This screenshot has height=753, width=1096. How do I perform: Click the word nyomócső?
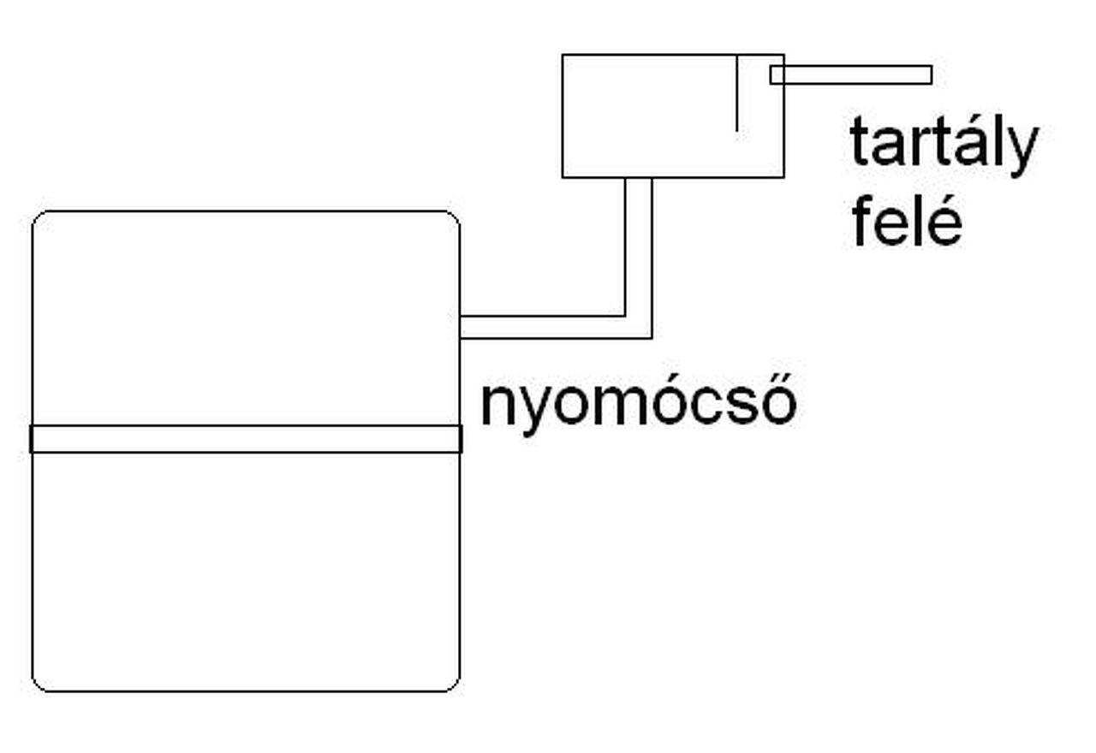pos(638,404)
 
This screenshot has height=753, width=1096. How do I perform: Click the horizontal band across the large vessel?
pos(246,439)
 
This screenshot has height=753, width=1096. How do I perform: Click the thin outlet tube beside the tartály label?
pos(850,75)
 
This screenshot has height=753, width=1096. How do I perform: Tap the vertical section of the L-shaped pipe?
pos(639,248)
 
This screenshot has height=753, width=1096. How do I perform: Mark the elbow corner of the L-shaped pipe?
pos(639,327)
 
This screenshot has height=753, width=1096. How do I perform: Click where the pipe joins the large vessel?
pos(462,327)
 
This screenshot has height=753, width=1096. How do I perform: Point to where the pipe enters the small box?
pos(639,178)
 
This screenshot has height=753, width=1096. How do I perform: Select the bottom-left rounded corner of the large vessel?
pos(38,685)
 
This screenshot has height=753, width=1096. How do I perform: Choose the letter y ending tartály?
pos(1021,151)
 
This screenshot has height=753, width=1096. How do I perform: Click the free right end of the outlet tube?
pos(930,75)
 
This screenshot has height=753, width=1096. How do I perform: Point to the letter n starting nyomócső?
pos(497,406)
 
